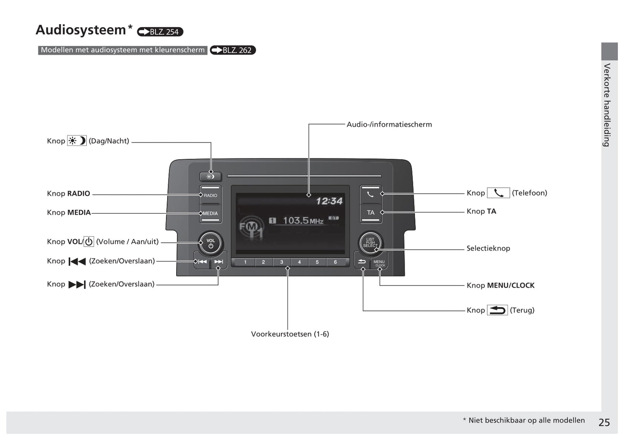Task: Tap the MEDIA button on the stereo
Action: click(x=210, y=213)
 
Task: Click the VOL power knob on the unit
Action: click(x=210, y=243)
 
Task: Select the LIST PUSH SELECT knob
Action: click(x=370, y=243)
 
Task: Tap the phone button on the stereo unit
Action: click(x=370, y=194)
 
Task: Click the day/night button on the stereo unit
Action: click(x=210, y=176)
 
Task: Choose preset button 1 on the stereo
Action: click(x=245, y=262)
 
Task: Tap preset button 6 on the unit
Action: click(x=335, y=262)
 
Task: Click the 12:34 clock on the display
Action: click(x=329, y=201)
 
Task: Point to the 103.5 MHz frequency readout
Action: click(x=303, y=221)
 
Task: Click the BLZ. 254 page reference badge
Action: click(x=160, y=32)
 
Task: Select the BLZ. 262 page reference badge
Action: click(x=233, y=50)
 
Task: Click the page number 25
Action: click(x=604, y=422)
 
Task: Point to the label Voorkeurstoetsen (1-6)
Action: click(x=290, y=334)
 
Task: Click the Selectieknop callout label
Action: click(x=488, y=248)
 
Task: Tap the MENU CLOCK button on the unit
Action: click(x=379, y=262)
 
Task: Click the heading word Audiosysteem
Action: click(x=81, y=30)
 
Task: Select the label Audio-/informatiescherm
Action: click(x=389, y=124)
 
